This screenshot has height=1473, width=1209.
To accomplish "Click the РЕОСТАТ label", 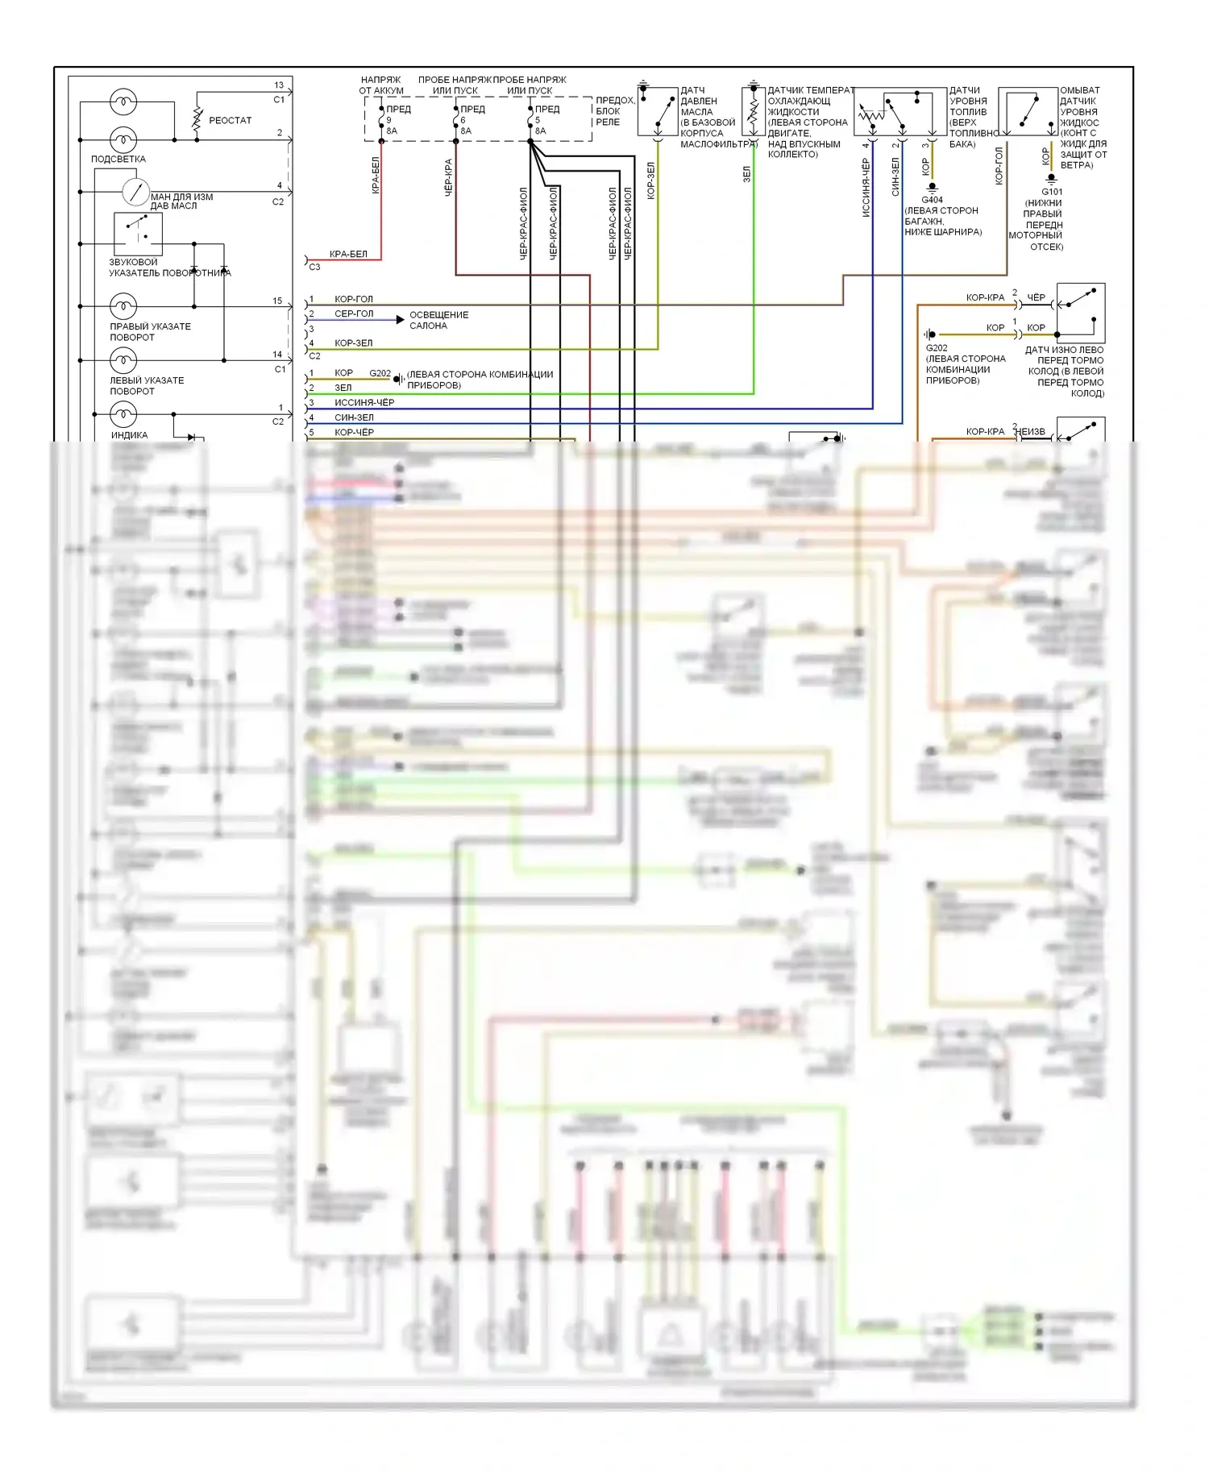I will pos(230,120).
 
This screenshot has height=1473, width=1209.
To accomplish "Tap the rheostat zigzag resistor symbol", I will pos(197,118).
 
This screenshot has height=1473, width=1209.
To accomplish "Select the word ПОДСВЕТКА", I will pos(118,159).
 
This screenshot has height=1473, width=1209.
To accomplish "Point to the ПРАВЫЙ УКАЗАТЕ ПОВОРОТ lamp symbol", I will pos(123,306).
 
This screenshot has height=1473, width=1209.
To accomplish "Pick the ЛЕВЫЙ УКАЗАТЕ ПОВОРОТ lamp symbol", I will pos(123,360).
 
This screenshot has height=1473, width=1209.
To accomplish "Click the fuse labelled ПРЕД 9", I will pos(382,119).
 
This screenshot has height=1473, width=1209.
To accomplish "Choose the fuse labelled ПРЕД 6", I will pos(456,119).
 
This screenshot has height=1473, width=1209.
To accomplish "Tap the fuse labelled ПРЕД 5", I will pos(530,119).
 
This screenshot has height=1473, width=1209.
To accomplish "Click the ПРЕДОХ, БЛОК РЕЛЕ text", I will pos(614,111).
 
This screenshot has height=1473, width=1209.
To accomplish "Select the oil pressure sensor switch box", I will pos(658,112).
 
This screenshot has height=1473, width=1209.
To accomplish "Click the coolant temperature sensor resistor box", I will pos(753,112).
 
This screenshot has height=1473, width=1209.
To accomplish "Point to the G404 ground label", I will pos(932,200).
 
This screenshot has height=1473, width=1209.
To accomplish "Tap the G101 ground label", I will pos(1052,192).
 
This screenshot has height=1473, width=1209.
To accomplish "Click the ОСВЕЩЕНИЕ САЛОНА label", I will pos(438,320).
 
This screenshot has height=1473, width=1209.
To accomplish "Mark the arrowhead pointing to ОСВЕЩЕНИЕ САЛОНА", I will pos(401,320).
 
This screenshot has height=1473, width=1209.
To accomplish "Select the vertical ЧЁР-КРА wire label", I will pos(448,177).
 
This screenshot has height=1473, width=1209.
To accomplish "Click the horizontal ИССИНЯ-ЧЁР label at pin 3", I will pos(364,402).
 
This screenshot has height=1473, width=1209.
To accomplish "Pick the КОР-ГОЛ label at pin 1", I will pos(354,299).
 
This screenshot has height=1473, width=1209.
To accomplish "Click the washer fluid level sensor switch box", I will pos(1028,112).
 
